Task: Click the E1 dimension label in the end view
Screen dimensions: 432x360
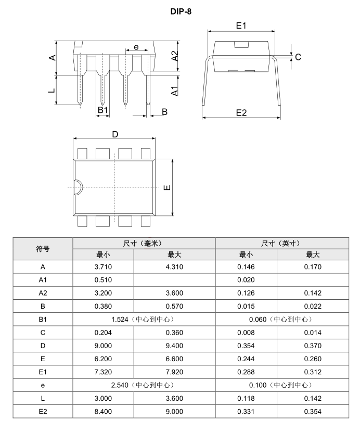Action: click(x=241, y=26)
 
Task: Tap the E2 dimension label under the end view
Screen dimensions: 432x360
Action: click(x=241, y=112)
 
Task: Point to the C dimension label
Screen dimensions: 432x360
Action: click(x=298, y=57)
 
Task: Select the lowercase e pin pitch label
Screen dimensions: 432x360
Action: click(x=136, y=47)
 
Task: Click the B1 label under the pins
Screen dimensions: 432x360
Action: click(x=102, y=110)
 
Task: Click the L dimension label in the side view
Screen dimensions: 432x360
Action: click(x=51, y=91)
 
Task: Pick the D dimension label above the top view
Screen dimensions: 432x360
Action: click(x=115, y=134)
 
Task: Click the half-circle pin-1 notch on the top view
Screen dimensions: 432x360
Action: click(x=77, y=187)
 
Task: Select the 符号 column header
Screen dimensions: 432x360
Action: click(x=43, y=249)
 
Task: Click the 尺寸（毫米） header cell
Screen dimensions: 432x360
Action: click(x=144, y=243)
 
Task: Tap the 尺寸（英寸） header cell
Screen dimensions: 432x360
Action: click(x=282, y=243)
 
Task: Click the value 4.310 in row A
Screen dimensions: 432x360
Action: click(x=174, y=267)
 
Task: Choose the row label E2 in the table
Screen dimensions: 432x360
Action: click(x=43, y=411)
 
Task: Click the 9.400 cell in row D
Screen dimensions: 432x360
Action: click(x=174, y=346)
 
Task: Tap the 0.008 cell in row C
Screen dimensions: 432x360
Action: click(x=246, y=332)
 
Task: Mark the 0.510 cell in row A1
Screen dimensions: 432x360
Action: click(x=103, y=280)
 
